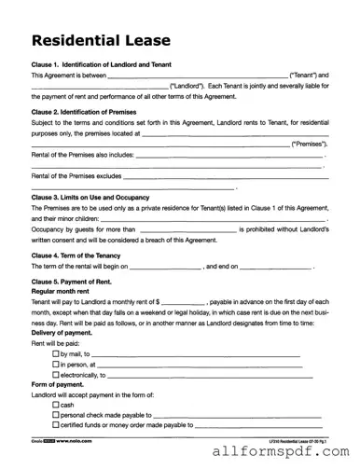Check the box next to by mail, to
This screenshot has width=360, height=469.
point(55,354)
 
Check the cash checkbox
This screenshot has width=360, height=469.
point(55,406)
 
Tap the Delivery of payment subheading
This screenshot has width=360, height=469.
point(63,333)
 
